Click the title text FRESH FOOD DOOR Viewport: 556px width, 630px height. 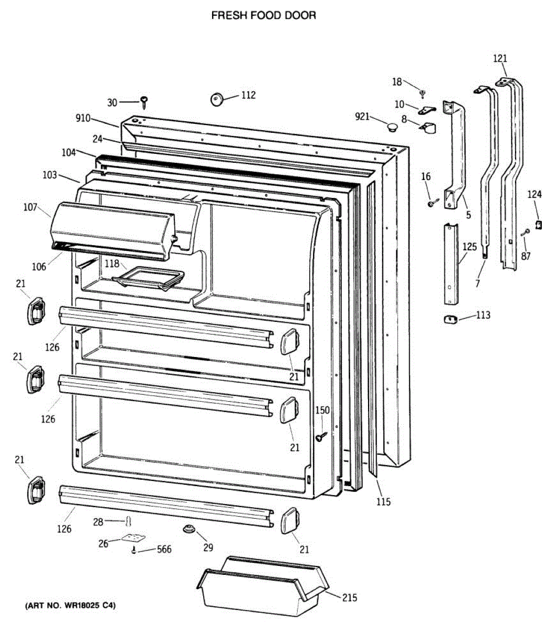point(264,16)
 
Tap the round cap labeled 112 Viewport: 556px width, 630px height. point(217,98)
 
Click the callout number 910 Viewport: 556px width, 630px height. point(83,119)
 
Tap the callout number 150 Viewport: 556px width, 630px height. point(322,410)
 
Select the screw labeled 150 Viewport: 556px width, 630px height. point(321,436)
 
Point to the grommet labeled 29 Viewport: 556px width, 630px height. point(190,528)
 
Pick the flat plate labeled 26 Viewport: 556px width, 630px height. point(133,538)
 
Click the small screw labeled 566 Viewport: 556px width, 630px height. point(134,550)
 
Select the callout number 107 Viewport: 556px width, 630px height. point(30,207)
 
